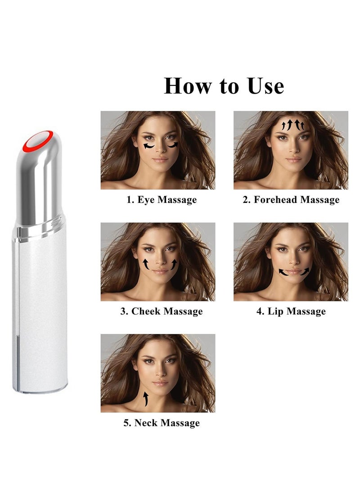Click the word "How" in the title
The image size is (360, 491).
pos(188,86)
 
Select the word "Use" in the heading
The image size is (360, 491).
pos(266,86)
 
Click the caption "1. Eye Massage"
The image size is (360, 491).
pos(162,200)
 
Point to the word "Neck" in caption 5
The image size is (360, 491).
pos(145,423)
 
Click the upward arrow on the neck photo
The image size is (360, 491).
pos(145,399)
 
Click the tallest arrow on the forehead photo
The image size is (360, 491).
pos(290,124)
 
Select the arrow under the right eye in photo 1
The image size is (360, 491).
pos(173,145)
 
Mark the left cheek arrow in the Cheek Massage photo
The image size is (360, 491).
pos(146,264)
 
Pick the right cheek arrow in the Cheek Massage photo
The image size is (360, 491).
pos(174,265)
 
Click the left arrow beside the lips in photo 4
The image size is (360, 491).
pos(283,272)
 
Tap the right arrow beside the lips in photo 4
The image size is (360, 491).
pos(305,271)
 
